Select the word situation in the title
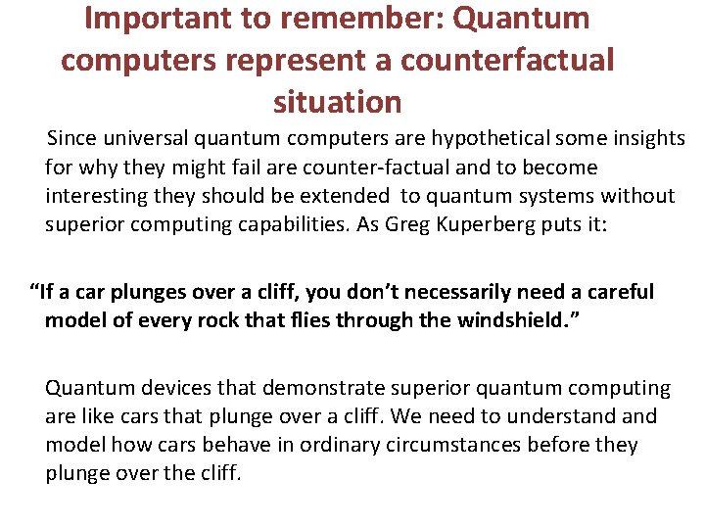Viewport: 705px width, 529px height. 338,101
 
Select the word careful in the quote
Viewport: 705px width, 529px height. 619,292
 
